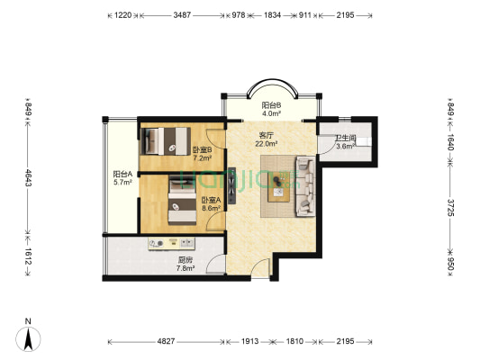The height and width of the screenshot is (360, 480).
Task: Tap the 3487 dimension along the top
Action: coord(182,15)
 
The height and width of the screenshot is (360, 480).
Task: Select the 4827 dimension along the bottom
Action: coord(166,341)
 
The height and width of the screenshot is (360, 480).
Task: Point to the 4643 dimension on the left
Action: coord(28,177)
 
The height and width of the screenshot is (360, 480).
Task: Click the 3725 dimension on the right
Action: coord(450,208)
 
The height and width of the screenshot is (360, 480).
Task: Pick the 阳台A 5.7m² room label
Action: coord(122,178)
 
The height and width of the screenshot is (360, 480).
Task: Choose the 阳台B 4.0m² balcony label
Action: coord(271,109)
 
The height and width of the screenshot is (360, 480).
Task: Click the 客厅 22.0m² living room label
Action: coord(267,139)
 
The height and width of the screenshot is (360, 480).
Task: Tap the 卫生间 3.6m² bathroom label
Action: coord(345,142)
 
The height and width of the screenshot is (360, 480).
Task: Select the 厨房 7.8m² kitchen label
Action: coord(186,265)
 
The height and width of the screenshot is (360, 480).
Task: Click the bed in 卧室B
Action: coord(166,141)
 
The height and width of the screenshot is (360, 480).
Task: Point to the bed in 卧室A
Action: coord(183,201)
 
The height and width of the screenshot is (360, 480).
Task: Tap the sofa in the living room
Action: coord(305,186)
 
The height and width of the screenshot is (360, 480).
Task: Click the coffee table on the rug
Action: coord(278,187)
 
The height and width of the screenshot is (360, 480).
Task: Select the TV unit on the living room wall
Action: coord(231,185)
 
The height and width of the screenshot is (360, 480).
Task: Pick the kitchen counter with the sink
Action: coord(171,244)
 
